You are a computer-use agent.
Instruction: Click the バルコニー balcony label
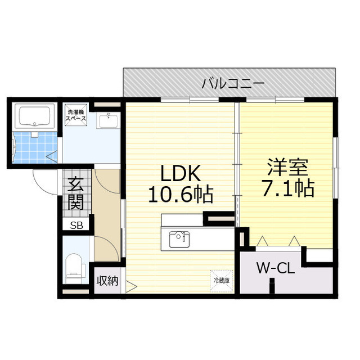point(233,84)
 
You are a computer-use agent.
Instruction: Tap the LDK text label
point(180,173)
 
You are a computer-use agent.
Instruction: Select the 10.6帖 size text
point(181,195)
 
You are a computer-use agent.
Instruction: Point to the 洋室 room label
point(287,167)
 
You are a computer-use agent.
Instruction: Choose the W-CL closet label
point(275,268)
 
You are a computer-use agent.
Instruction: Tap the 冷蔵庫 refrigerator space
point(221,281)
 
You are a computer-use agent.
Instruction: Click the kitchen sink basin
point(179,240)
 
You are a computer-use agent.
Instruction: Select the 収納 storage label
point(107,281)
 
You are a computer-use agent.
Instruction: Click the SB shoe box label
point(76,226)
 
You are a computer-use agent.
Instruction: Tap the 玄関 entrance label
point(75,193)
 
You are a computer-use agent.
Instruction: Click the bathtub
point(34,116)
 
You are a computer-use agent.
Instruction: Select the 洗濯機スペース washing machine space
point(76,115)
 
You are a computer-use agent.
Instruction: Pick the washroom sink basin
point(109,121)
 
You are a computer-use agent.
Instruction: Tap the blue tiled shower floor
point(35,147)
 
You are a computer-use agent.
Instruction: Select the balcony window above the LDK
point(190,100)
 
